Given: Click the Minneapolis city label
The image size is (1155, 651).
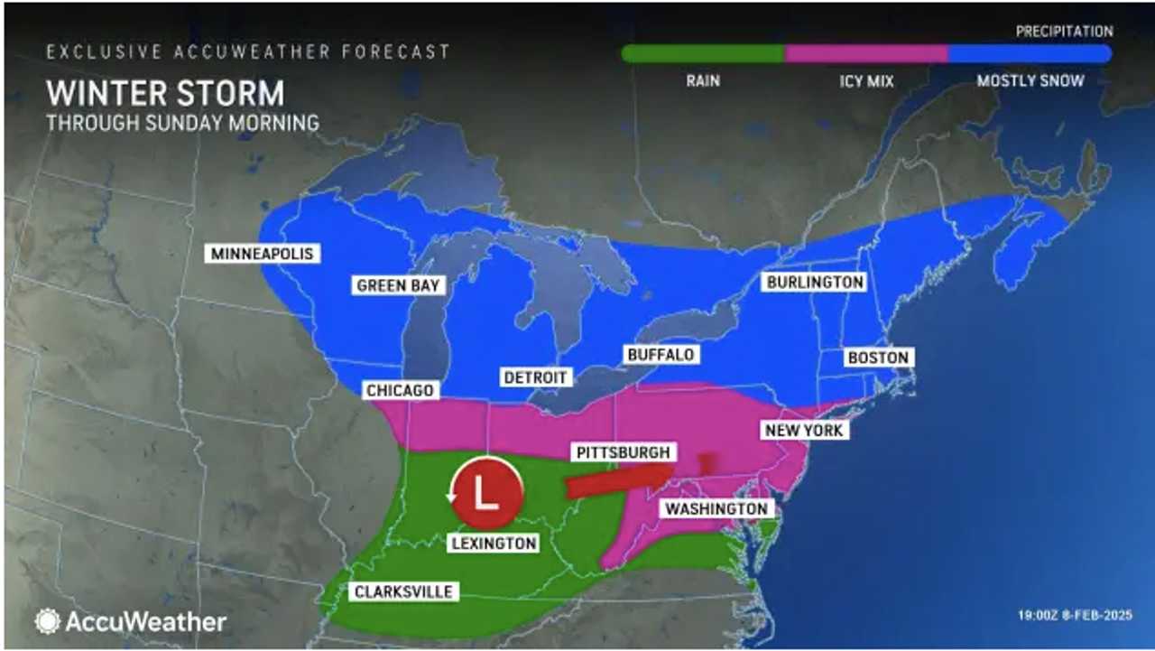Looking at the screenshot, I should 263,254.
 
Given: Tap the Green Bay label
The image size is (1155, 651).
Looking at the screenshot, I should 398,285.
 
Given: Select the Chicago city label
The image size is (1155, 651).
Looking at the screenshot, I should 401,390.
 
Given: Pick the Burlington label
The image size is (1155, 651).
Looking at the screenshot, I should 815,282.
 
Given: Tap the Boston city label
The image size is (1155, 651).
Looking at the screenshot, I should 878,358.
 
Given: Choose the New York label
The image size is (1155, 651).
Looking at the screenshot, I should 803,430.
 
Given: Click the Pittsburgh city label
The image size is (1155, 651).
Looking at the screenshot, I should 623,451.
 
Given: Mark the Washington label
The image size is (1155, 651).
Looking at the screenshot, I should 716,509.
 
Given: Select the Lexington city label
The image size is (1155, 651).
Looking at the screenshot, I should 494,543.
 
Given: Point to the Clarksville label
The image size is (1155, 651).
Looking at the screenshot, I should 402,592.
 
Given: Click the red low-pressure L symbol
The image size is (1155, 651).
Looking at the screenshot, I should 487,493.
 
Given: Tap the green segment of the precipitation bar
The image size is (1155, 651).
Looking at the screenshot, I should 703,53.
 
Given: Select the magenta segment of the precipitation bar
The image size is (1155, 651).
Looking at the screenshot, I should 866,53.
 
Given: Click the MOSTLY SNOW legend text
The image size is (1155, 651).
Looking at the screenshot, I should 1030,81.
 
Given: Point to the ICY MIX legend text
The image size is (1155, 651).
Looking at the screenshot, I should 866,81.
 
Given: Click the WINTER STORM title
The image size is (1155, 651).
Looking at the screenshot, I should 165,93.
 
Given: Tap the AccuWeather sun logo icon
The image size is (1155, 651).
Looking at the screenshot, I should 47,621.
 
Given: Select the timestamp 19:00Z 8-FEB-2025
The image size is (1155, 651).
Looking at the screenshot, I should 1075,616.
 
